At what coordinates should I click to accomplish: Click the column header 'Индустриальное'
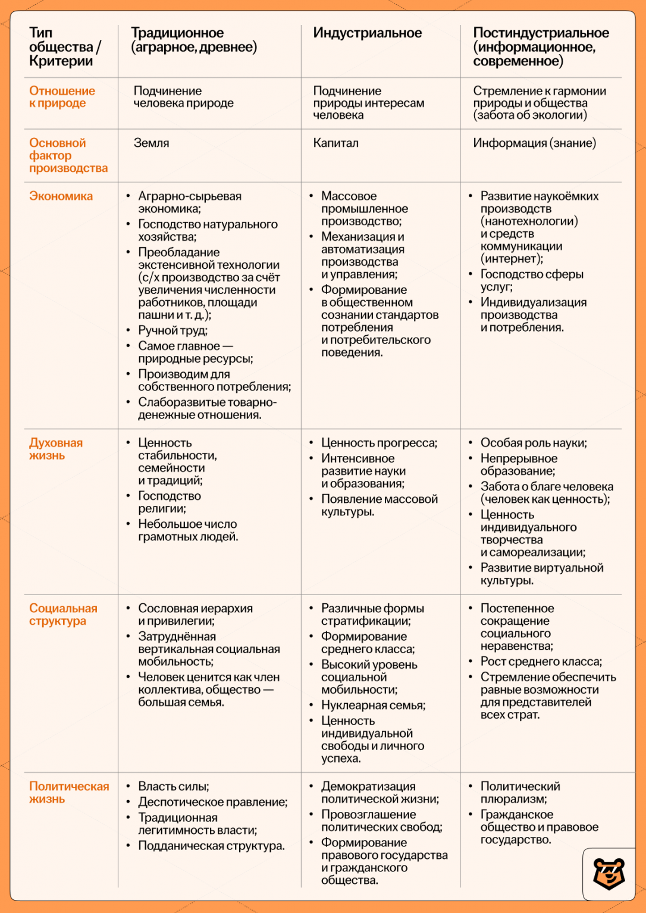coord(367,33)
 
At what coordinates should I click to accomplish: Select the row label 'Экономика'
coord(61,196)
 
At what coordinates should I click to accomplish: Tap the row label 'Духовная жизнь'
coord(56,449)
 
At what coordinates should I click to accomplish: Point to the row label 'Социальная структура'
coord(63,615)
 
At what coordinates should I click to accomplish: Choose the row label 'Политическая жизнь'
coord(69,792)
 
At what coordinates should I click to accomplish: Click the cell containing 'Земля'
coord(151,143)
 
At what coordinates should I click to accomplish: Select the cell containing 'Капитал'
coord(335,143)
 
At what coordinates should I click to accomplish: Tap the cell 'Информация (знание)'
coord(534,143)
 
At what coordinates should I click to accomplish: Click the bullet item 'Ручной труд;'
coord(173,330)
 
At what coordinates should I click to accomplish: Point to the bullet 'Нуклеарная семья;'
coord(373,706)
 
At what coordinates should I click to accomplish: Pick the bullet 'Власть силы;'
coord(173,786)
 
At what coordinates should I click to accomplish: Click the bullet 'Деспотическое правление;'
coord(212,802)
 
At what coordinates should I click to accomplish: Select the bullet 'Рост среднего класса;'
coord(541,662)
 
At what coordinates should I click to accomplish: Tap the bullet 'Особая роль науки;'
coord(533,443)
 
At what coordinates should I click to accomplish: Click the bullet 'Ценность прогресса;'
coord(379,443)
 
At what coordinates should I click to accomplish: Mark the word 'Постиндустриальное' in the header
coord(541,33)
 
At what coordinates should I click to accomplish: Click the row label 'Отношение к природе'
coord(62,97)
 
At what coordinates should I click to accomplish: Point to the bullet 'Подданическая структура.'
coord(211,846)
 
